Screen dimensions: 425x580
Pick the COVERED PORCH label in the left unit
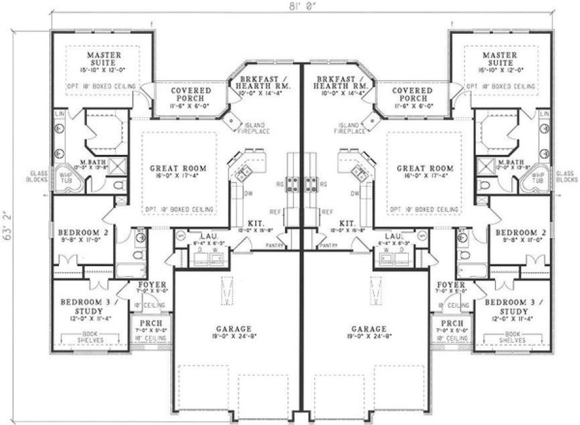191,95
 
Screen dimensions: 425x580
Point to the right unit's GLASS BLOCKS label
567,177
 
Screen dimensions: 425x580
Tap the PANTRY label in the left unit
276,245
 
